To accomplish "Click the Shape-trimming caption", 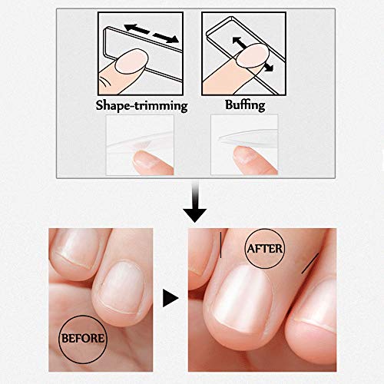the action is tap(141, 105).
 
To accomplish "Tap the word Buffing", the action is tap(245, 105).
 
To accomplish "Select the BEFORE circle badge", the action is tap(83, 339).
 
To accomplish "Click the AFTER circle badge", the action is tap(265, 248).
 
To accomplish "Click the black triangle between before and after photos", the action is tap(170, 298).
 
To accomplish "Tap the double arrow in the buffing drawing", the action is tap(253, 54).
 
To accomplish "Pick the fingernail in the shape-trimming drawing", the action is tap(132, 61).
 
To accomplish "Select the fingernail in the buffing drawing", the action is tap(253, 55).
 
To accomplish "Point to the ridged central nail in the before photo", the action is tap(122, 286).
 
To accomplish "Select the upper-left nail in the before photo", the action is tap(76, 248).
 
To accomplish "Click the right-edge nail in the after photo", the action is tap(316, 305).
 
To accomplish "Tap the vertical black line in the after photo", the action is tap(220, 245).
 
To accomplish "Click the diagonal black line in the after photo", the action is tap(310, 263).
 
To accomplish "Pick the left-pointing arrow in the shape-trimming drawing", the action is tap(136, 28).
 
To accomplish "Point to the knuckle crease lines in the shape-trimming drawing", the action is tap(106, 82).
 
